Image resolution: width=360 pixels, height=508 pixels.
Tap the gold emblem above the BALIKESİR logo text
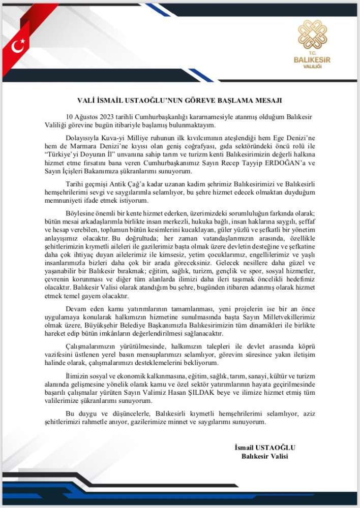(312, 35)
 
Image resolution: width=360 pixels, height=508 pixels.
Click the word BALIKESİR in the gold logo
(312, 59)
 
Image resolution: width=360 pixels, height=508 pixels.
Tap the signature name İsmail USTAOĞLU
(264, 447)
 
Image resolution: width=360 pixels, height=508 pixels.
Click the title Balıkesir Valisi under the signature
(264, 456)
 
